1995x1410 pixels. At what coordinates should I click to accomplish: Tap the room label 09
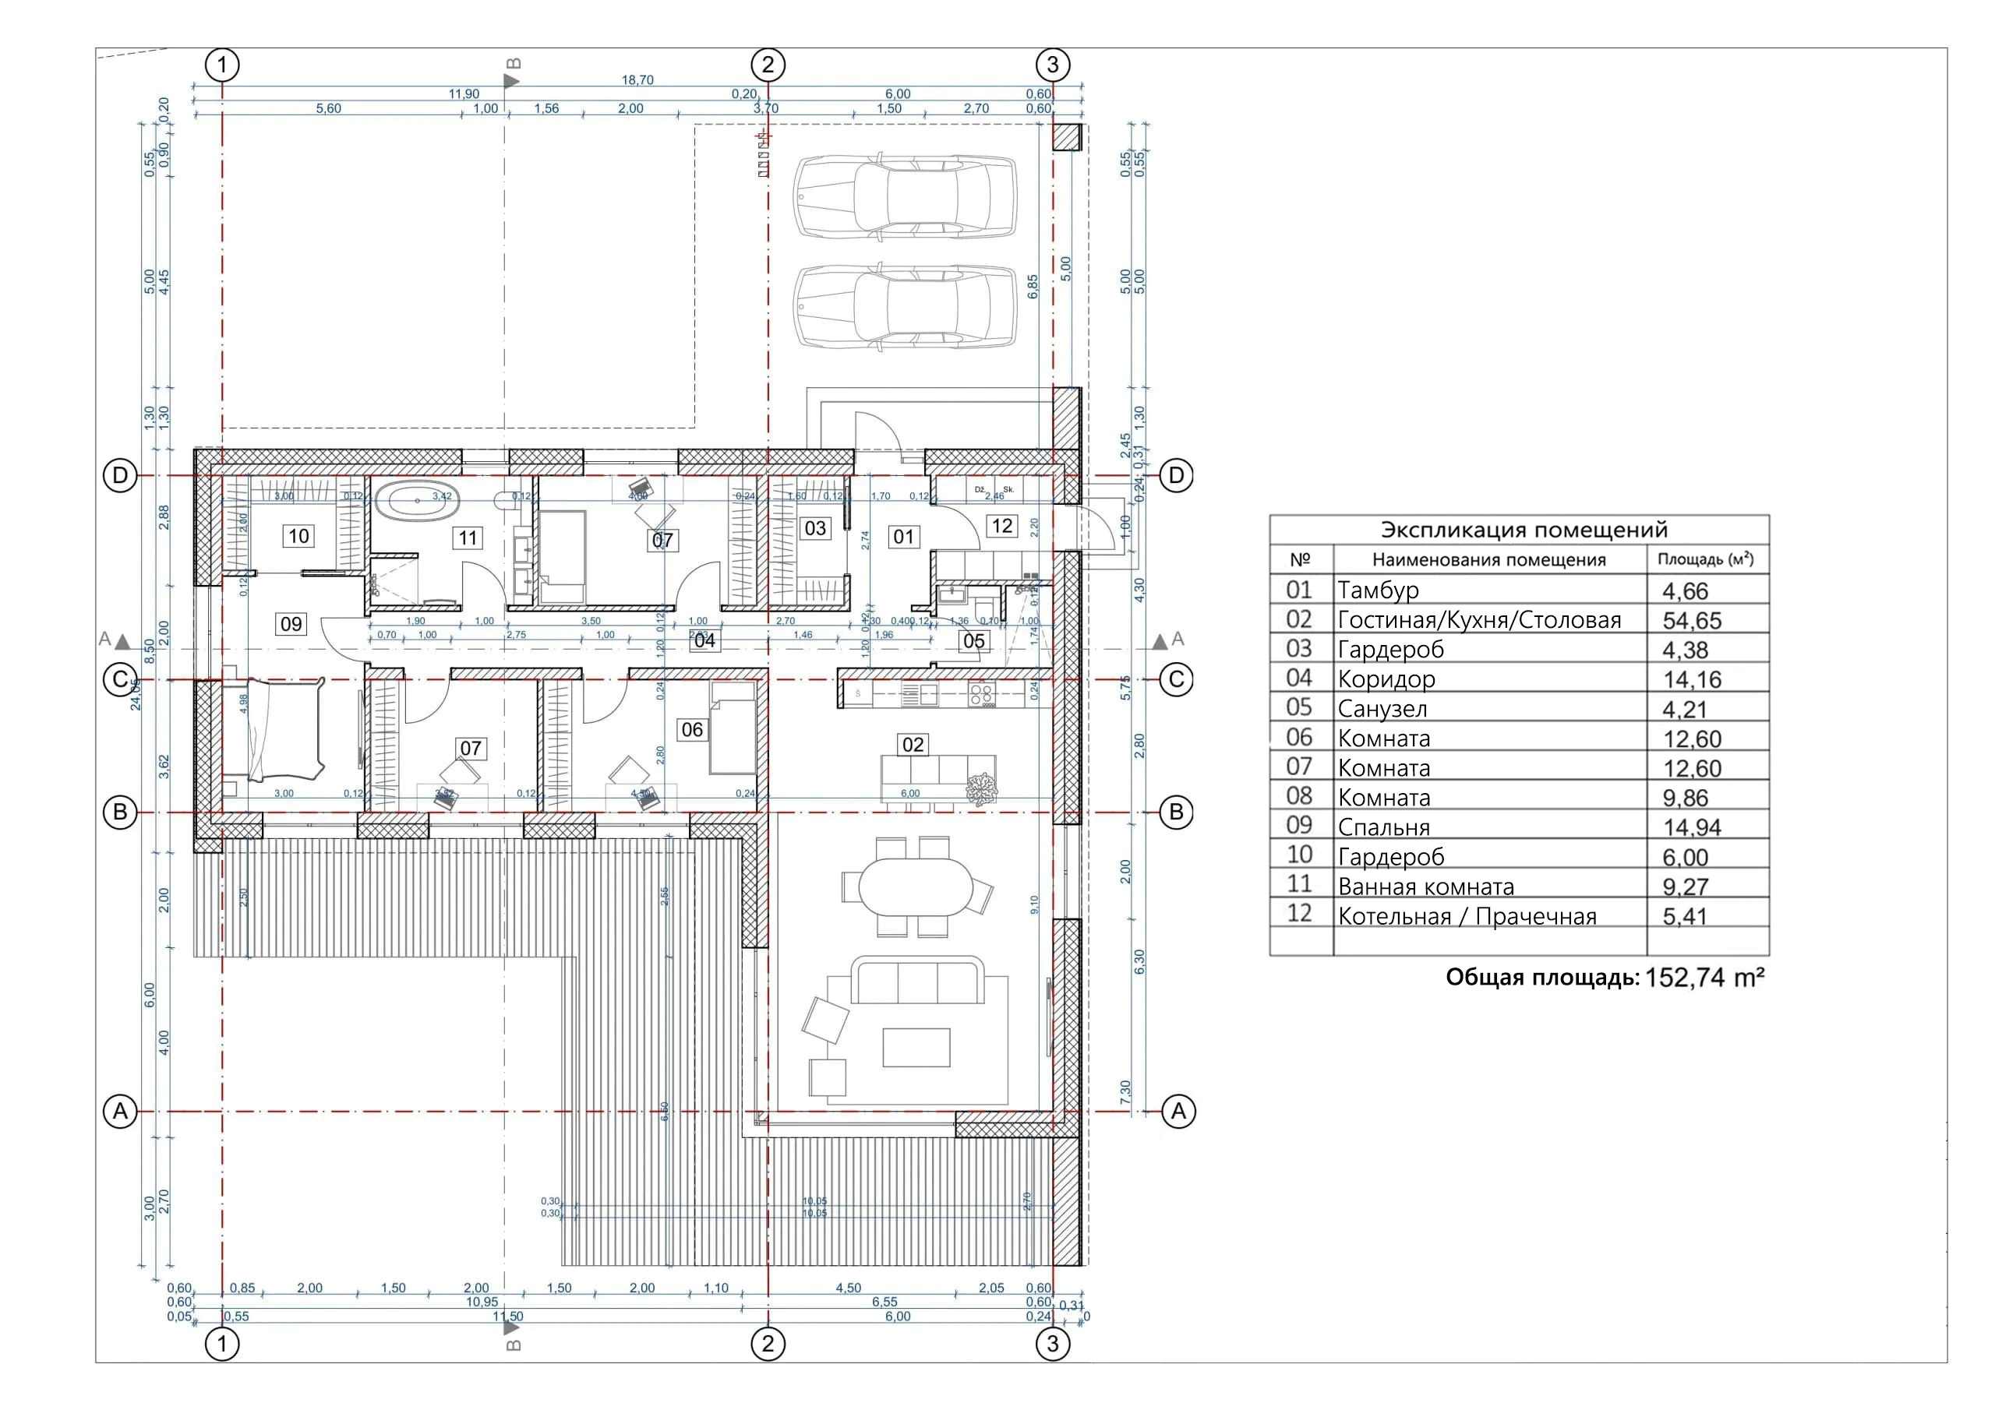pos(291,624)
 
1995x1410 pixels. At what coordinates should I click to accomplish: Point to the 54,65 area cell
pos(1691,620)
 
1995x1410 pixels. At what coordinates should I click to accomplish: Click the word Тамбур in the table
pos(1378,590)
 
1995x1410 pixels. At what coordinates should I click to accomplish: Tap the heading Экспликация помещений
pos(1524,529)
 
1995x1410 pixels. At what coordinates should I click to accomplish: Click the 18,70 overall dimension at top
pos(637,80)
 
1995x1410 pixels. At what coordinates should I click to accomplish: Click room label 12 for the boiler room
pos(1002,526)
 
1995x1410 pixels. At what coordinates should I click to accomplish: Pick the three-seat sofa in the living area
pos(917,982)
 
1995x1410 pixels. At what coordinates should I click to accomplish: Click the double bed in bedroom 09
pos(273,729)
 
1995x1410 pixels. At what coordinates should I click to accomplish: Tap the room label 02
pos(913,745)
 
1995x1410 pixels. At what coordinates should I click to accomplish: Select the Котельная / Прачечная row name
pos(1467,917)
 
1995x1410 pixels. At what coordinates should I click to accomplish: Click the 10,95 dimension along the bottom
pos(482,1302)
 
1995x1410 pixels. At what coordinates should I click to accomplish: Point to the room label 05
pos(974,641)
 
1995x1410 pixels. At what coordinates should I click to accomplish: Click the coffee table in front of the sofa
pos(916,1047)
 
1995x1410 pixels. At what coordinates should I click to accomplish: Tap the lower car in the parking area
pos(904,307)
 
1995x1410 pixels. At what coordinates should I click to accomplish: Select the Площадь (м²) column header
pos(1705,559)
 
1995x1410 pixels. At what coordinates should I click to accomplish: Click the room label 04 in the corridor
pos(704,640)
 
